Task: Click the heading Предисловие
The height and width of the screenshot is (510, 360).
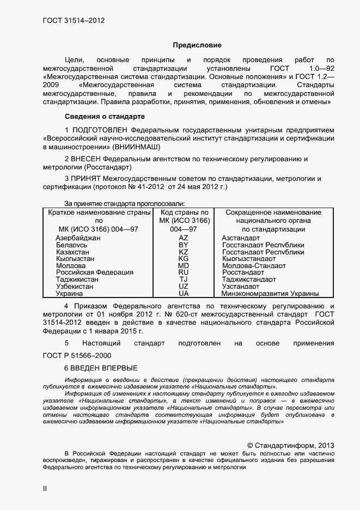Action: (x=197, y=45)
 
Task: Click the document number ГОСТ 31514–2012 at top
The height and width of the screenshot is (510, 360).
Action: (x=74, y=21)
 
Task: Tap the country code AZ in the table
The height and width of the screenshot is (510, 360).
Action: (x=184, y=238)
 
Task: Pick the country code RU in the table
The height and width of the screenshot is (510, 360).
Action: (x=184, y=272)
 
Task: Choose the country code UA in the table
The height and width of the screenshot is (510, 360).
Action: (x=184, y=293)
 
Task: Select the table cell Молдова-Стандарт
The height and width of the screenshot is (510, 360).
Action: (x=254, y=266)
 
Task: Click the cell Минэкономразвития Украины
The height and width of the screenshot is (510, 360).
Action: (x=270, y=293)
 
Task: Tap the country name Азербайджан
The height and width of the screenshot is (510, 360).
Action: (x=78, y=238)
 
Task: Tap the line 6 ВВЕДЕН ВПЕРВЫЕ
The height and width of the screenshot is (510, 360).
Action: (x=101, y=368)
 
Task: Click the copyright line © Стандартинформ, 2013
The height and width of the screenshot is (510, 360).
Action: (x=290, y=445)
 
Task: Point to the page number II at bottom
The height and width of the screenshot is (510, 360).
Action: (x=45, y=489)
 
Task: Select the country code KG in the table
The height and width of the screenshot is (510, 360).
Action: (x=184, y=259)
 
